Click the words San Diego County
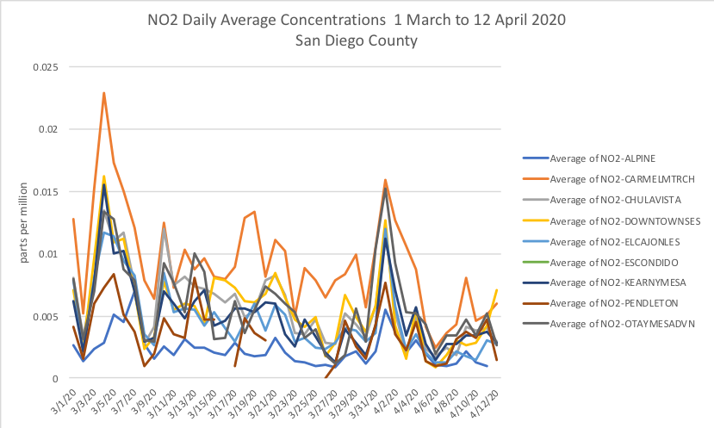[x=357, y=40]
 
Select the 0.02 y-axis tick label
[x=47, y=129]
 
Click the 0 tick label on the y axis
[x=56, y=378]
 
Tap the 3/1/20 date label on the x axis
[x=64, y=400]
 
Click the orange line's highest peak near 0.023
[x=104, y=93]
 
